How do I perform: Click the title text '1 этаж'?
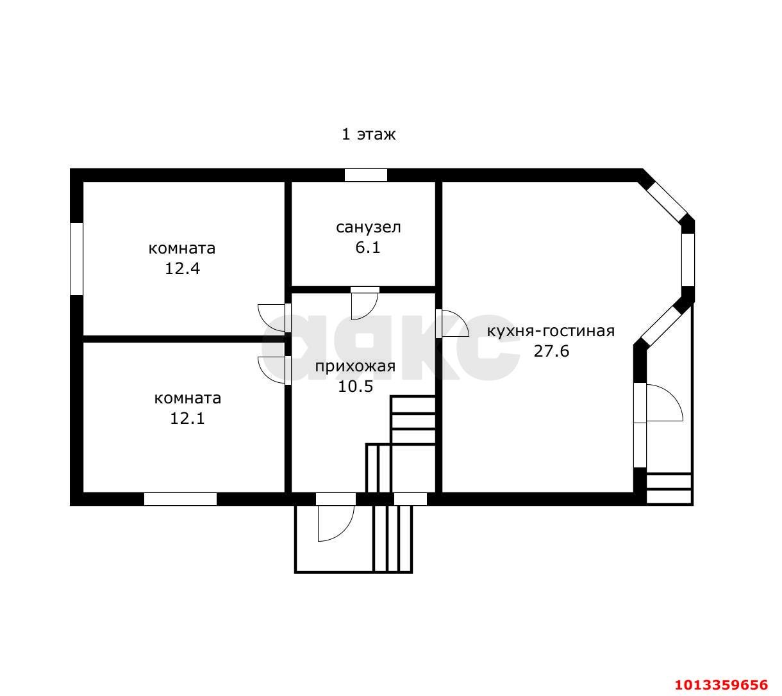(x=369, y=134)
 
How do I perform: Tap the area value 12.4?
(x=182, y=268)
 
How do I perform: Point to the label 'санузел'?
(x=368, y=227)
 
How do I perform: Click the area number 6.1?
(x=368, y=247)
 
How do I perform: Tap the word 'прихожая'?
(x=355, y=366)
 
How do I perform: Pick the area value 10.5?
(x=356, y=386)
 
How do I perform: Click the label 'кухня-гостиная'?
(x=551, y=331)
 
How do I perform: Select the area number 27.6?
(x=551, y=352)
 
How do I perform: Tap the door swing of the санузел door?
(x=364, y=307)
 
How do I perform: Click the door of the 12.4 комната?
(x=272, y=318)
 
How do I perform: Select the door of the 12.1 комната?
(x=272, y=371)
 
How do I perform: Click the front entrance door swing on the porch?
(x=336, y=524)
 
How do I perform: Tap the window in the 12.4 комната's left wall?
(x=76, y=259)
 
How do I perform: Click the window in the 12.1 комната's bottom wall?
(x=180, y=499)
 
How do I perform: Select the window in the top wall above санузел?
(x=365, y=175)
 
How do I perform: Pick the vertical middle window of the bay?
(x=688, y=260)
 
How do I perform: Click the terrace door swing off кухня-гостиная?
(x=665, y=403)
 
